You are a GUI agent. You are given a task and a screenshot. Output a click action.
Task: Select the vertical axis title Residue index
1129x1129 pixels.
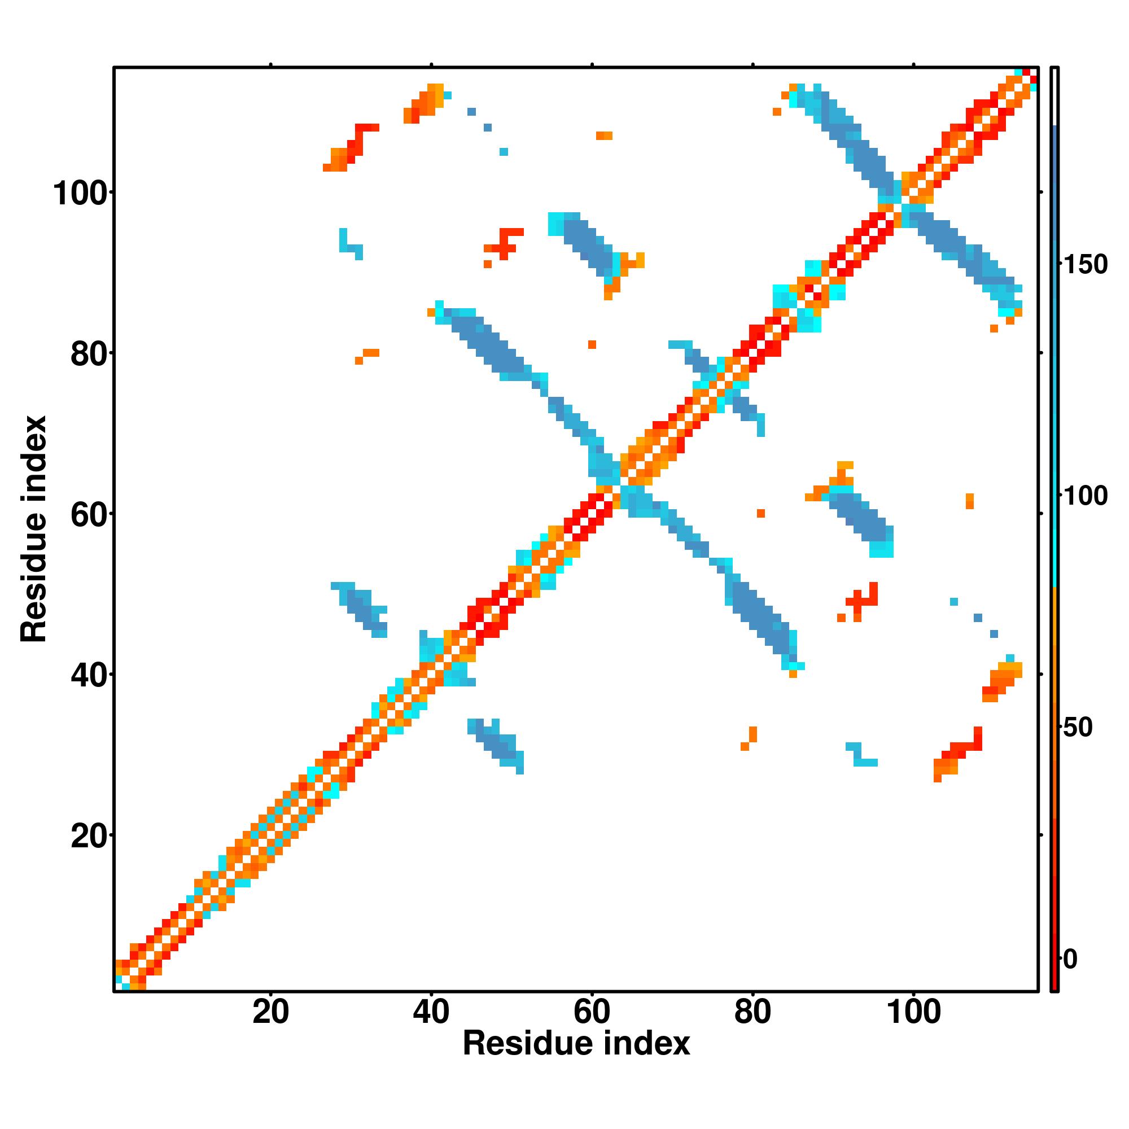coord(34,529)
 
